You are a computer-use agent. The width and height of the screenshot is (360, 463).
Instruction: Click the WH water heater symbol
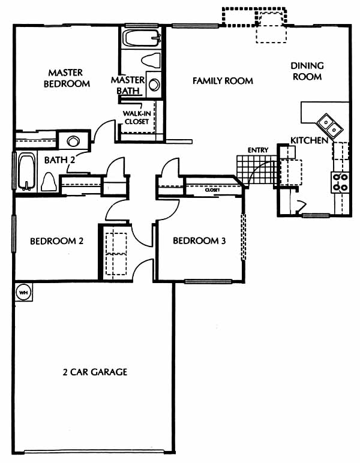pyautogui.click(x=23, y=292)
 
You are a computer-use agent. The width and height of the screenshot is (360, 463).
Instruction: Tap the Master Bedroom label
pyautogui.click(x=67, y=78)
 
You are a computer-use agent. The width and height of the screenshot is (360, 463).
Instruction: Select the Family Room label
pyautogui.click(x=223, y=80)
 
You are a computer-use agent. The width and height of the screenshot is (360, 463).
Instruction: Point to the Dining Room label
pyautogui.click(x=307, y=71)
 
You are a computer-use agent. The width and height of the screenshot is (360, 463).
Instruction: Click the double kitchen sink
pyautogui.click(x=330, y=126)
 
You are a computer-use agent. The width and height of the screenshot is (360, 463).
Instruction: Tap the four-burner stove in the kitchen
pyautogui.click(x=340, y=182)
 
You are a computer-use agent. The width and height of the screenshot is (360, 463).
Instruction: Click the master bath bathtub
pyautogui.click(x=142, y=38)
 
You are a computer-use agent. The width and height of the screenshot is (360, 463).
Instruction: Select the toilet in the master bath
pyautogui.click(x=151, y=60)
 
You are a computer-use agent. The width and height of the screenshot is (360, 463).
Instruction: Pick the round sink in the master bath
pyautogui.click(x=154, y=85)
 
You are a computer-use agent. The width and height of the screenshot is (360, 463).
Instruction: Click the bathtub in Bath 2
pyautogui.click(x=27, y=172)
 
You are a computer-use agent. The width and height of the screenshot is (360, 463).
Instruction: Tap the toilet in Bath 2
pyautogui.click(x=49, y=181)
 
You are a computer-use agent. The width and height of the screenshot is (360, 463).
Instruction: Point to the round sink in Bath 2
pyautogui.click(x=73, y=141)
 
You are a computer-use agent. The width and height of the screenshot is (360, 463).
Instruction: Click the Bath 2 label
pyautogui.click(x=59, y=160)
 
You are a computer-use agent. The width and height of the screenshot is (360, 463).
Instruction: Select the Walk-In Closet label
pyautogui.click(x=137, y=117)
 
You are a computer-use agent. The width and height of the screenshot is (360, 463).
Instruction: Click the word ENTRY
pyautogui.click(x=258, y=151)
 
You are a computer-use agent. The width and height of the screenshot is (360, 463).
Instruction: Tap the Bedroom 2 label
pyautogui.click(x=57, y=241)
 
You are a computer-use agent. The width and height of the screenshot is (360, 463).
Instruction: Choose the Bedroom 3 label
pyautogui.click(x=199, y=240)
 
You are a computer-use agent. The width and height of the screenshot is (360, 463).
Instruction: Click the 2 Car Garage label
pyautogui.click(x=95, y=372)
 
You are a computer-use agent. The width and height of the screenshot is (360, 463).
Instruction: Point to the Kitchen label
pyautogui.click(x=309, y=140)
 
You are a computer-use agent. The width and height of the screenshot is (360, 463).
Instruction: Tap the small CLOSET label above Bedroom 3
pyautogui.click(x=212, y=190)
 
